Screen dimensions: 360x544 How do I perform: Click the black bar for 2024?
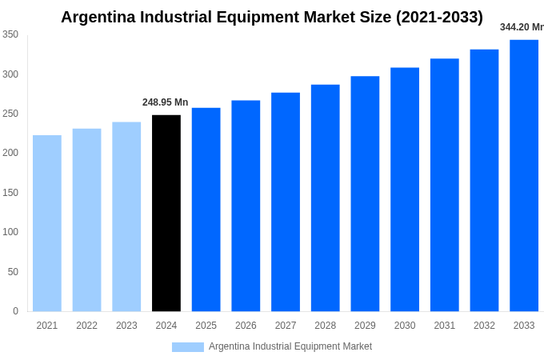pos(166,213)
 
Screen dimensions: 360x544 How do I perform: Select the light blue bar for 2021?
pos(47,223)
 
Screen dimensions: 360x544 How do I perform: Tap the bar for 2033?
pos(524,175)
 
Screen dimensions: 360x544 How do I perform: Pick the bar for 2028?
pos(325,198)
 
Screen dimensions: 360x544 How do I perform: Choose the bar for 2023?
pos(126,216)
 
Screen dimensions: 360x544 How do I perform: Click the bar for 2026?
pos(246,206)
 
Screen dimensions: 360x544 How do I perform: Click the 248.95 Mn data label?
pos(166,102)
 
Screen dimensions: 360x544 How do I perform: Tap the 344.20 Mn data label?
pos(522,27)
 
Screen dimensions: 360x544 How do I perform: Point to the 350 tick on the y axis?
pos(10,34)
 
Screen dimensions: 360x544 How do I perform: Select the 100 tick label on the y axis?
pos(10,232)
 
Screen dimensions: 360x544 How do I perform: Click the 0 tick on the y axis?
pos(15,311)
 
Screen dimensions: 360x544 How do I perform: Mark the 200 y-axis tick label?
pos(10,153)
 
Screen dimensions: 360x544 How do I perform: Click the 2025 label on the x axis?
pos(206,326)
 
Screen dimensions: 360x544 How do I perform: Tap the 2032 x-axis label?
pos(484,326)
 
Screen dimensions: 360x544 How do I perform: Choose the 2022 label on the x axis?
pos(86,326)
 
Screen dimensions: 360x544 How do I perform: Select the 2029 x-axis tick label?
pos(365,326)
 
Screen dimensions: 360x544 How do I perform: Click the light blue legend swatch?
pos(188,347)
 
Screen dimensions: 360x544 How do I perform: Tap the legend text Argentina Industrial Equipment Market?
pos(290,346)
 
